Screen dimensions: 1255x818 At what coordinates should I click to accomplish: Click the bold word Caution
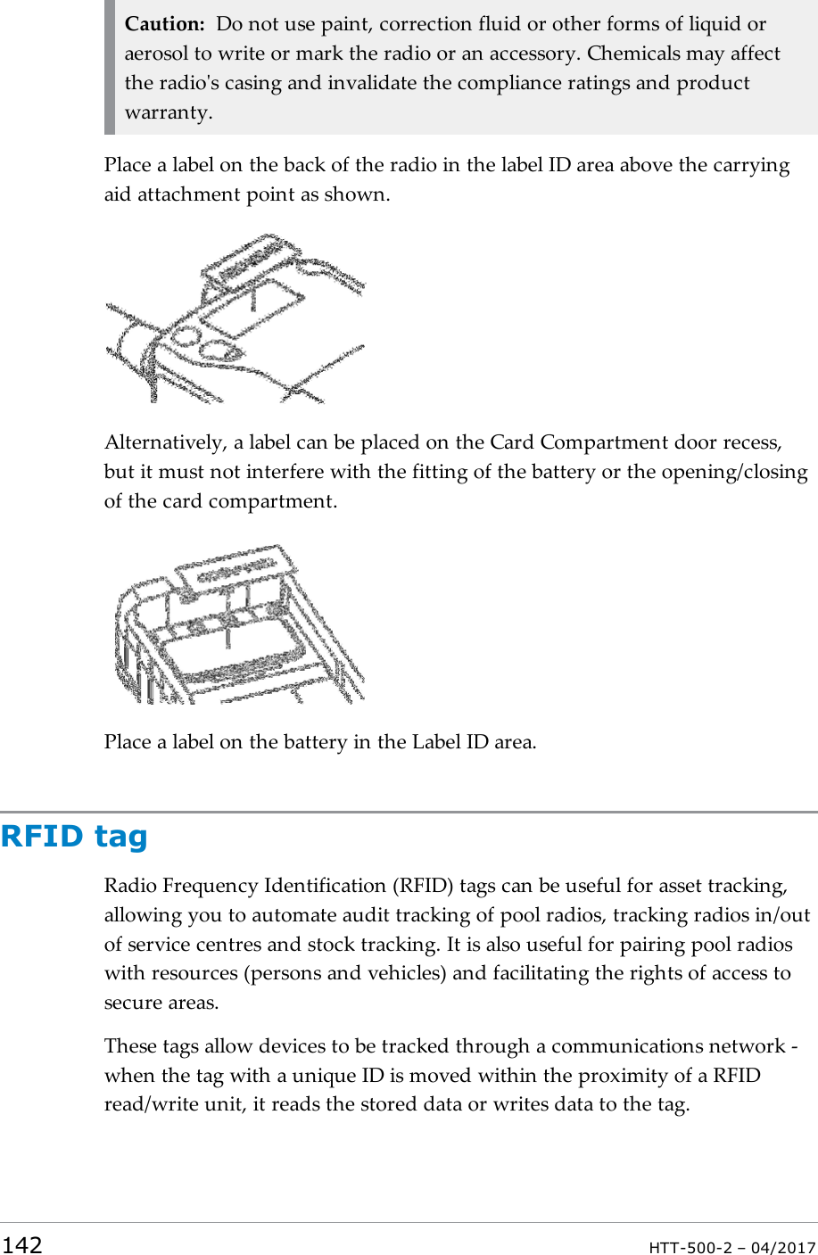165,24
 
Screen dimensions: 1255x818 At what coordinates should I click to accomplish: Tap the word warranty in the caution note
167,112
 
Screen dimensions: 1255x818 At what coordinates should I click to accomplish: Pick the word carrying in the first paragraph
752,165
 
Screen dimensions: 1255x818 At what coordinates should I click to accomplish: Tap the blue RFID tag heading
74,837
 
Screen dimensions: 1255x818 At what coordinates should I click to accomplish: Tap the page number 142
21,1245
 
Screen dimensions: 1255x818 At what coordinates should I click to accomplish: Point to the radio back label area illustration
235,318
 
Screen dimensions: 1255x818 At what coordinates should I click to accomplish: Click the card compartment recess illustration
239,624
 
